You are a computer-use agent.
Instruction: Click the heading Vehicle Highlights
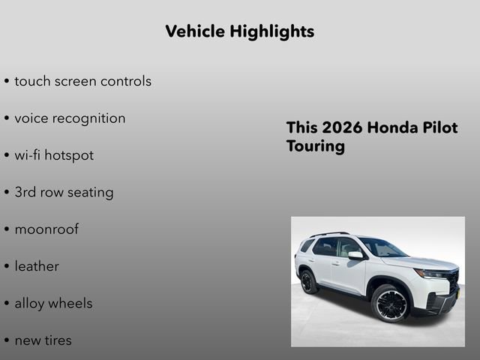239,31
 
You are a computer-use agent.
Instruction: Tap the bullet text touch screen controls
82,81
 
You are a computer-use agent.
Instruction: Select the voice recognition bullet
70,118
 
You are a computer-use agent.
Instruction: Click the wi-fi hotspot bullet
54,155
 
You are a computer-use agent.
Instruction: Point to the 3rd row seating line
64,192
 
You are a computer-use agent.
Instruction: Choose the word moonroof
46,229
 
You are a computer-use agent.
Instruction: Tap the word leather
37,266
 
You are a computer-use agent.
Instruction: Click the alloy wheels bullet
53,303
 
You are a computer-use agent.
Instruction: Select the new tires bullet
43,340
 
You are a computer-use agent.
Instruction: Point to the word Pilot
439,127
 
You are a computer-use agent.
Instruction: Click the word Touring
315,146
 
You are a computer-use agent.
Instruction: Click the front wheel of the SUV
390,302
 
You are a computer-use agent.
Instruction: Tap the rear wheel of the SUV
307,282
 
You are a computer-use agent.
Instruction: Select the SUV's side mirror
355,256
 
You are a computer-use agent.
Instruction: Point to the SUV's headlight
431,274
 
